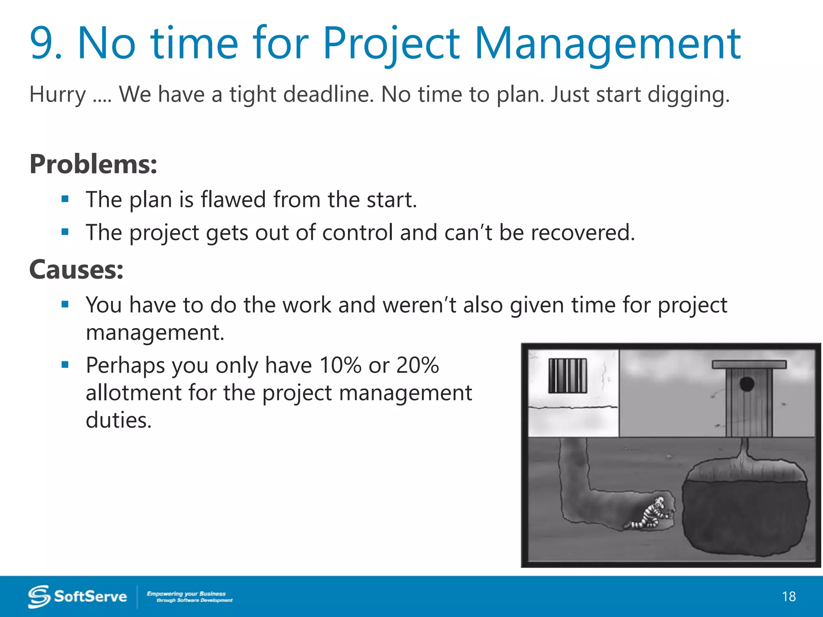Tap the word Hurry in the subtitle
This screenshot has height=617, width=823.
point(57,95)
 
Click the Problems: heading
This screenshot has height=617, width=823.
point(93,164)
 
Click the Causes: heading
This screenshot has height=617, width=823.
point(76,270)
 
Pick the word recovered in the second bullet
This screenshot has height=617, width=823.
point(582,233)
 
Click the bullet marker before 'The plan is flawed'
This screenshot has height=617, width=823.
point(65,199)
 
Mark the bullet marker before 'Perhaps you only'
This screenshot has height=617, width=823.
point(65,365)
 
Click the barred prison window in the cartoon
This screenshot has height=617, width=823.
point(567,376)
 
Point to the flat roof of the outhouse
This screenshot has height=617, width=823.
point(749,364)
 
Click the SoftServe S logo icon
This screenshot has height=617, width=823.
point(39,597)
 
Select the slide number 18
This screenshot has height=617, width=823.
point(789,597)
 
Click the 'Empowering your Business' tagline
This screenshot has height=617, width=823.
point(186,593)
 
